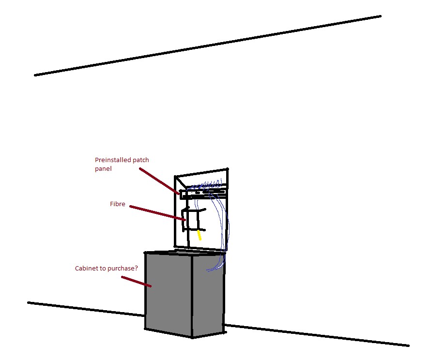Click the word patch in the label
click(141, 160)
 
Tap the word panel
click(103, 168)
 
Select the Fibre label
click(117, 204)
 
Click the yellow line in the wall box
click(200, 235)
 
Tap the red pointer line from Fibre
click(157, 213)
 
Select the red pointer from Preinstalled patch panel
click(159, 181)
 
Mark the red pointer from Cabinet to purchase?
click(137, 282)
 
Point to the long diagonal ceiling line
click(208, 45)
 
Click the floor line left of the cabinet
click(86, 309)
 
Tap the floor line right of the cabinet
click(317, 335)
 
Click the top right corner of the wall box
click(228, 169)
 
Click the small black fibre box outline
click(193, 220)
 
